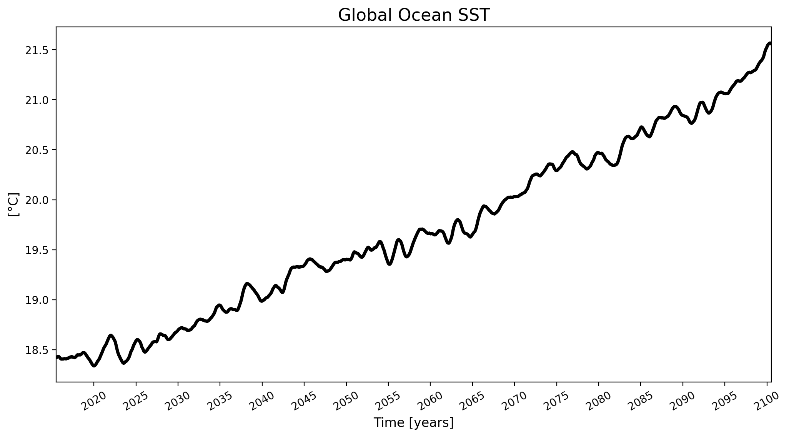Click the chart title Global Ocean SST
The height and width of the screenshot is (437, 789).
pyautogui.click(x=414, y=15)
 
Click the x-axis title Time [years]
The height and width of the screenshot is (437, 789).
pyautogui.click(x=414, y=423)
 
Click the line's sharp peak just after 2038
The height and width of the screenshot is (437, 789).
pyautogui.click(x=247, y=284)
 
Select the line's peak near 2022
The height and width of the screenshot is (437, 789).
pyautogui.click(x=110, y=336)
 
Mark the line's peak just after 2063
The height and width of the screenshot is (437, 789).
pyautogui.click(x=458, y=220)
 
